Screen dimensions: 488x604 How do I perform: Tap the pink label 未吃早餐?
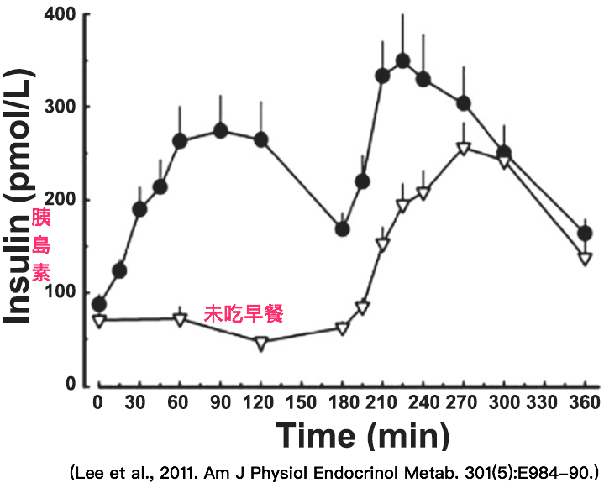pos(243,315)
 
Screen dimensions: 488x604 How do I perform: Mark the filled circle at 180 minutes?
pos(342,228)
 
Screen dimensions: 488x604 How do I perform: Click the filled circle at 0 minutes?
pos(99,304)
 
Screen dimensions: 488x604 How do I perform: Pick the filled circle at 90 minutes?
pos(221,130)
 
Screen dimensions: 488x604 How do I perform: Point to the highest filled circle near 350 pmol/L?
pos(402,60)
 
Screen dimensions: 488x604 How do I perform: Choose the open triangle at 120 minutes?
pos(260,343)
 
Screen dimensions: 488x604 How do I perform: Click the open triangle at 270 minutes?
pos(463,149)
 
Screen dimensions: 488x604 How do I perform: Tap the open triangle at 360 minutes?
pos(585,259)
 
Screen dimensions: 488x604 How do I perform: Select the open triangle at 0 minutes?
pos(99,321)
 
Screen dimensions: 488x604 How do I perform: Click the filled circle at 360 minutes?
pos(586,234)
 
